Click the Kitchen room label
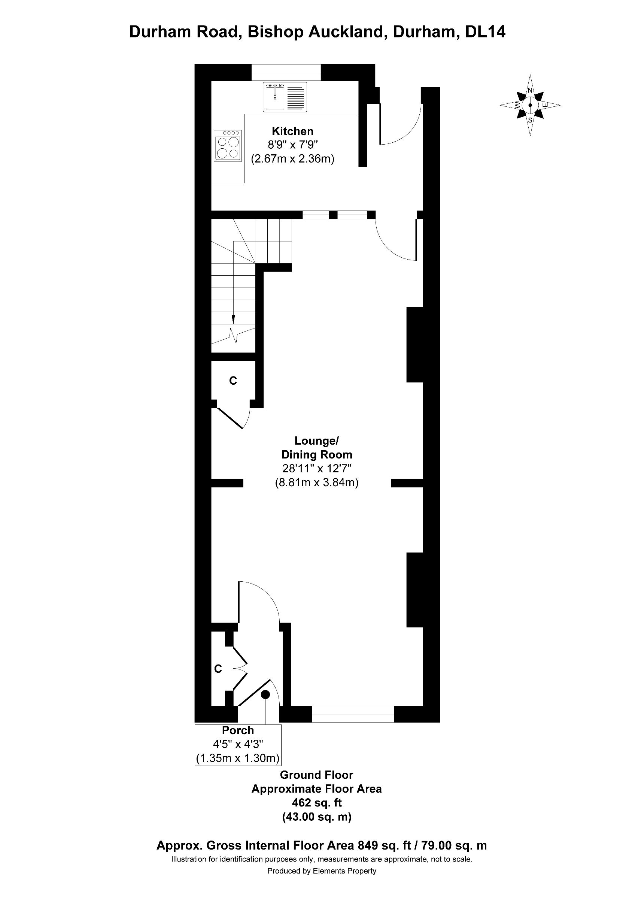click(x=293, y=131)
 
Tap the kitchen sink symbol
click(x=285, y=97)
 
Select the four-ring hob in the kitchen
click(x=228, y=146)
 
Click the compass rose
click(x=530, y=105)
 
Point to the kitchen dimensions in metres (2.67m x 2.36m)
click(x=293, y=159)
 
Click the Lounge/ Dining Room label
click(x=316, y=448)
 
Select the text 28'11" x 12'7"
click(x=316, y=468)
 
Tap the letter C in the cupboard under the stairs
click(x=233, y=381)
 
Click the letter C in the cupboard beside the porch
click(x=218, y=669)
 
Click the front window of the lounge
click(x=353, y=714)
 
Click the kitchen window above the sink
click(x=286, y=72)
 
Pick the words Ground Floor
click(x=316, y=775)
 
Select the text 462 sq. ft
click(x=316, y=803)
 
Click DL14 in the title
click(x=485, y=32)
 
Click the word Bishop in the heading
click(x=276, y=32)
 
